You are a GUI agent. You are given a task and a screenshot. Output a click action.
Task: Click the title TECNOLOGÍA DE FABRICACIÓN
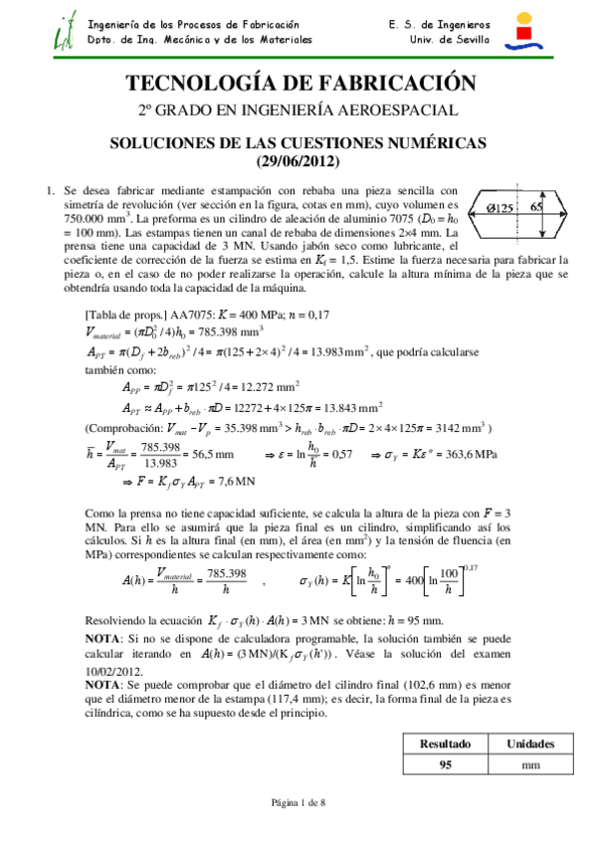pyautogui.click(x=298, y=83)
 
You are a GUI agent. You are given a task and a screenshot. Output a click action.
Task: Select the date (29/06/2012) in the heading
pyautogui.click(x=298, y=161)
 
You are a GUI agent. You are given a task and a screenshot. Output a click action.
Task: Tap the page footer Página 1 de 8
pyautogui.click(x=298, y=803)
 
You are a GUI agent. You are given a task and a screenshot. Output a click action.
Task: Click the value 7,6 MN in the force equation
pyautogui.click(x=234, y=481)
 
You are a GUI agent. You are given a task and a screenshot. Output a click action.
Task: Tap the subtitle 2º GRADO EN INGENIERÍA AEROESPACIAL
pyautogui.click(x=298, y=110)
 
